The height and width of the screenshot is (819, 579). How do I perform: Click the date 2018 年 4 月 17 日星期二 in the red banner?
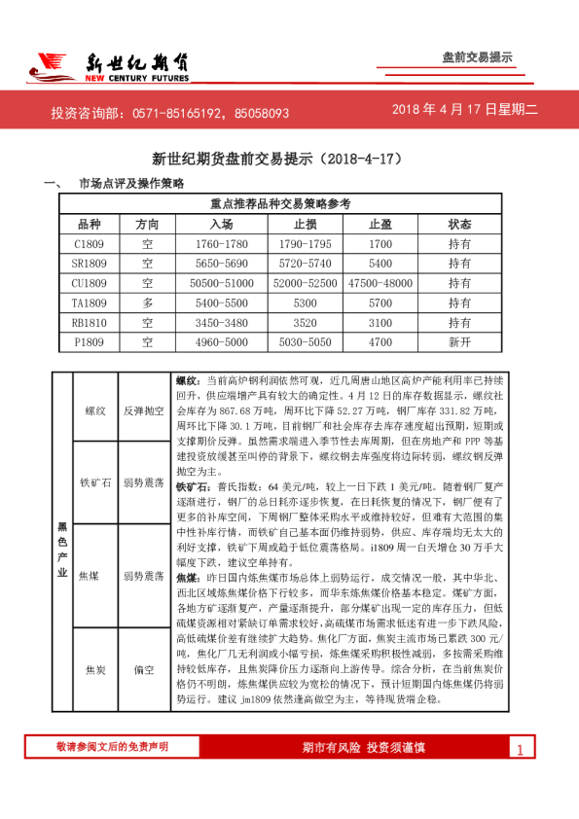click(x=464, y=112)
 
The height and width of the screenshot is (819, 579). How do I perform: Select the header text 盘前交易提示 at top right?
click(x=477, y=57)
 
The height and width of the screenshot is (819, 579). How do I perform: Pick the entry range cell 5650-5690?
click(x=221, y=264)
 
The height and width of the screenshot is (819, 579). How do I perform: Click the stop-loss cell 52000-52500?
click(x=305, y=283)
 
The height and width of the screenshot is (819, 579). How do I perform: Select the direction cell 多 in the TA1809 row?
click(x=147, y=303)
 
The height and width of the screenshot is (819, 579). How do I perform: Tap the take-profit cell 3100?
click(x=380, y=322)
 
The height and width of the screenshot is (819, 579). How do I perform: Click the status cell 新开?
click(x=459, y=342)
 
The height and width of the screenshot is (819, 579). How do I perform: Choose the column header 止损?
click(x=305, y=224)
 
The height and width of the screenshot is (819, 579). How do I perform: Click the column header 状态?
click(x=459, y=224)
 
